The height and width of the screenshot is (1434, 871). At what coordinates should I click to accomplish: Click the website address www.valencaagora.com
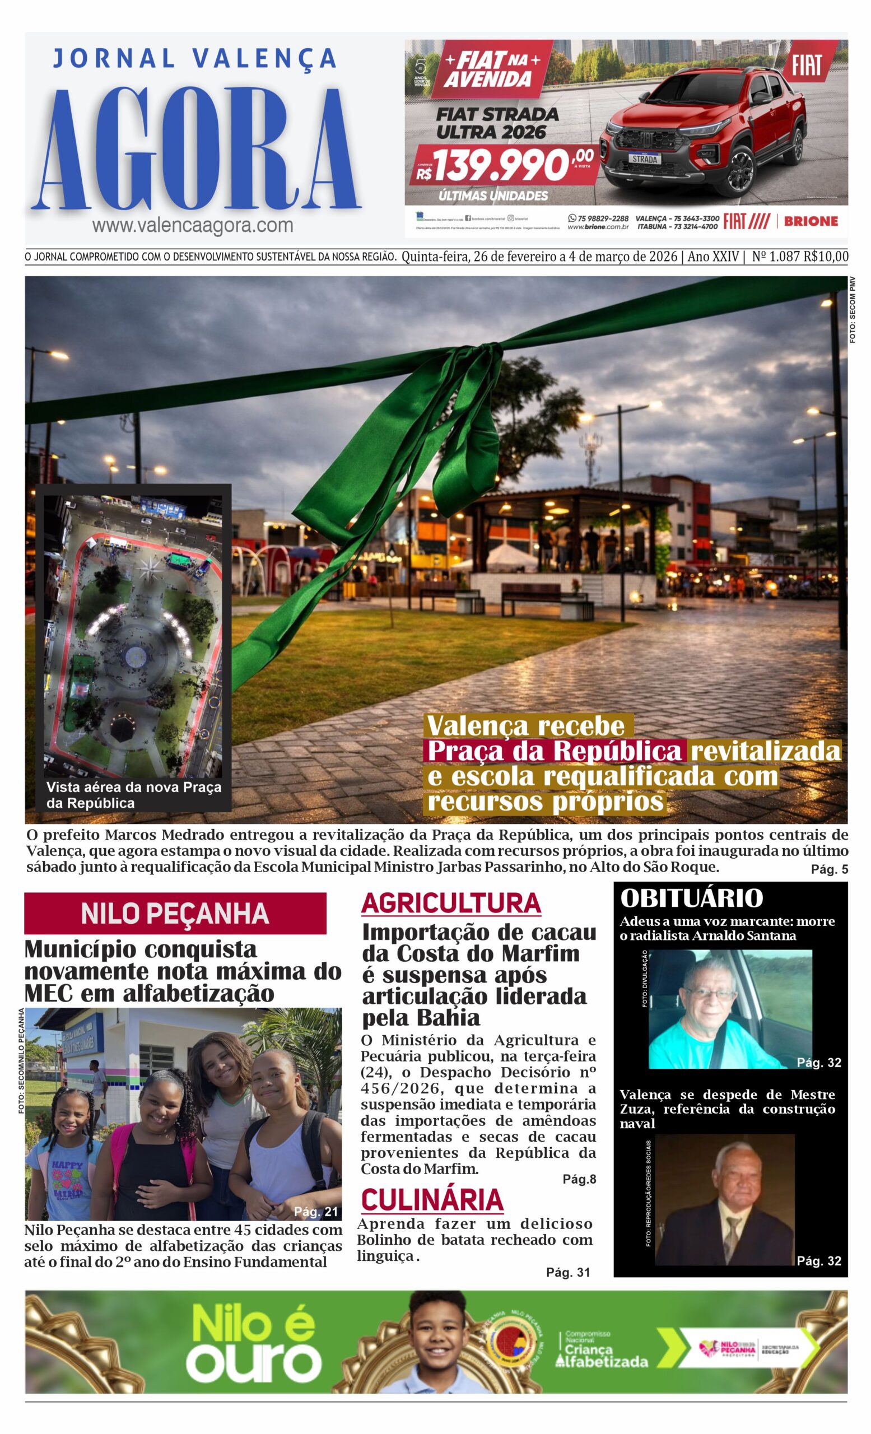tap(192, 225)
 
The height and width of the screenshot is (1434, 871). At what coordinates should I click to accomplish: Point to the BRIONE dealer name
tap(811, 221)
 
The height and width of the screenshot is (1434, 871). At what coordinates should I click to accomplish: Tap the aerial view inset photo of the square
tap(133, 634)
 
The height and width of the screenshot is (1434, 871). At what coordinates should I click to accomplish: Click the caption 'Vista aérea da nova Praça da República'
tap(134, 795)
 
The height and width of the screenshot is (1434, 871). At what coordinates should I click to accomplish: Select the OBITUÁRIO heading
tap(691, 898)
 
